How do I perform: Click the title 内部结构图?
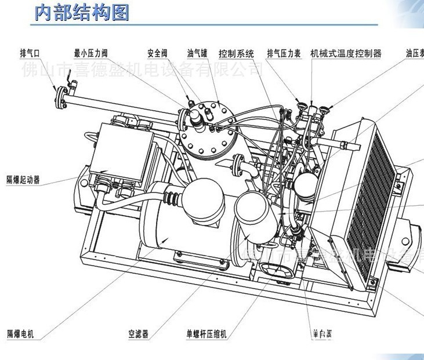click(x=81, y=12)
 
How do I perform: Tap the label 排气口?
click(x=30, y=53)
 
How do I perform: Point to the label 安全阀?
click(x=157, y=53)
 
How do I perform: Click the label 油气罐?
click(x=197, y=53)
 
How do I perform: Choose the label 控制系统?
click(x=236, y=53)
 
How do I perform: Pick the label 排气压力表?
click(x=284, y=53)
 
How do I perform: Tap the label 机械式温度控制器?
click(x=346, y=53)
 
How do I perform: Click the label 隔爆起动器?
click(x=23, y=180)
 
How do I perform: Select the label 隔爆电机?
click(x=20, y=334)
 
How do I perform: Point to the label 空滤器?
click(x=139, y=334)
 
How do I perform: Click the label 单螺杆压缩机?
click(x=206, y=334)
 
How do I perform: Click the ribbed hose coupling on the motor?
click(x=172, y=198)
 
